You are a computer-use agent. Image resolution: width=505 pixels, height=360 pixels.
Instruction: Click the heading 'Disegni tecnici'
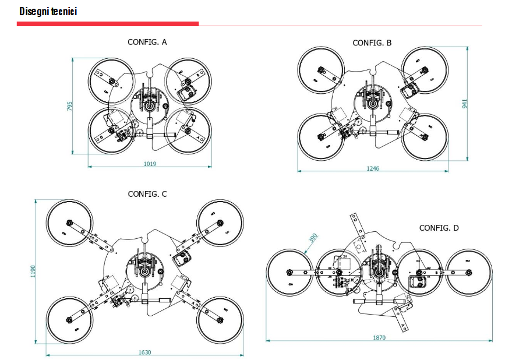(x=48, y=11)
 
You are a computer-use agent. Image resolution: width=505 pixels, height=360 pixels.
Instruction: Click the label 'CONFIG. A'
(x=147, y=41)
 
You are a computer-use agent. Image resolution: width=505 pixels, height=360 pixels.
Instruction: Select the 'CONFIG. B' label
(x=372, y=43)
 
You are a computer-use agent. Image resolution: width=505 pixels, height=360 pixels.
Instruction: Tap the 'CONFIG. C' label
(x=147, y=194)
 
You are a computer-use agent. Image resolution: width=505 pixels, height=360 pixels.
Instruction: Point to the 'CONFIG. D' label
(x=439, y=228)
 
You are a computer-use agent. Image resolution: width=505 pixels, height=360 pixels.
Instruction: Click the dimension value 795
(x=69, y=106)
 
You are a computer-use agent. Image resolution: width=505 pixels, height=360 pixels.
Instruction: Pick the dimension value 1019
(x=150, y=164)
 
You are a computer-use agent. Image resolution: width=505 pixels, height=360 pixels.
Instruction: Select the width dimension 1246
(x=372, y=168)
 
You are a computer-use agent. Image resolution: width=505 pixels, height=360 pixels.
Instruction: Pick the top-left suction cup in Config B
(x=320, y=70)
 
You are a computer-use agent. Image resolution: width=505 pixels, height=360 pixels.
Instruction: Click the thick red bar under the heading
(x=108, y=24)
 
